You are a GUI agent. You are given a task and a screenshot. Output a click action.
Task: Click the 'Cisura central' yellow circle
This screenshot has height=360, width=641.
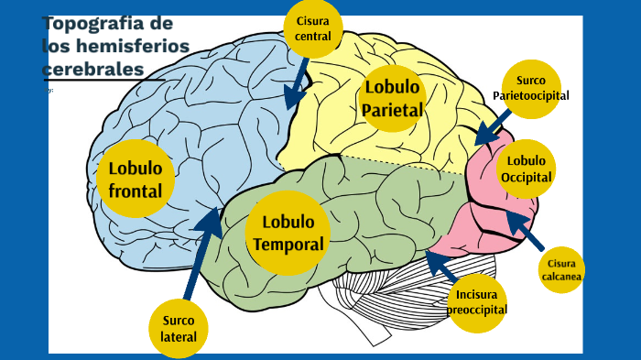coord(313,28)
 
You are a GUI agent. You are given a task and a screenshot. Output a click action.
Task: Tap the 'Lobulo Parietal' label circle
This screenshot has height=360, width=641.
coord(392,99)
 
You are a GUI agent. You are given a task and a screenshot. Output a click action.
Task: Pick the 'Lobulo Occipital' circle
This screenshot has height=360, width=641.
coord(527,168)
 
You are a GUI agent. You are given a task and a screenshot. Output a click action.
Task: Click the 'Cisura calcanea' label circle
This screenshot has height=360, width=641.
coord(561,270)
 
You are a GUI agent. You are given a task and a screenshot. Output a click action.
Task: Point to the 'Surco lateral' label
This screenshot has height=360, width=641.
coord(179,328)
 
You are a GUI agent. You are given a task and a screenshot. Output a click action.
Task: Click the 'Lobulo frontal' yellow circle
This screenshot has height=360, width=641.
coord(136,179)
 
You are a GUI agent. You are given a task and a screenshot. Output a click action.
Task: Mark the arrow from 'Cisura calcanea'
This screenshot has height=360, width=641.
coord(526,232)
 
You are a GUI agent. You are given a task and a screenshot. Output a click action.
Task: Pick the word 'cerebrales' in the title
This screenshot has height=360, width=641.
coord(92,69)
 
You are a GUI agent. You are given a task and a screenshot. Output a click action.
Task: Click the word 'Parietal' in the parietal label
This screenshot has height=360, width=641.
coord(392,110)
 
